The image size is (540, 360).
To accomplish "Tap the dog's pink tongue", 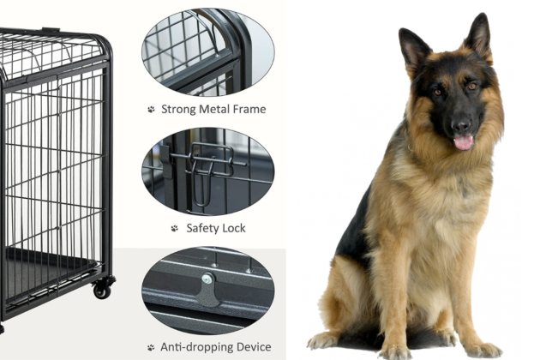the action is (463, 142).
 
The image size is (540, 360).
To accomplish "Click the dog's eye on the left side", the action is (438, 93).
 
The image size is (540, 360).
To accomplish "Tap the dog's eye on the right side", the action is (472, 87).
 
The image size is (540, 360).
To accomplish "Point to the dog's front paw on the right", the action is (482, 350).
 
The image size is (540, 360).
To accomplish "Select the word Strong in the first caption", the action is (179, 109).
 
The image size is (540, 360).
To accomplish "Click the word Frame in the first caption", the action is (249, 109).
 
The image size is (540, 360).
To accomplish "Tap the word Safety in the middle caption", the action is (202, 228).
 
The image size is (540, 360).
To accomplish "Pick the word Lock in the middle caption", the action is (234, 228).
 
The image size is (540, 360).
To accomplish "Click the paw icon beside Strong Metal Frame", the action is (151, 110).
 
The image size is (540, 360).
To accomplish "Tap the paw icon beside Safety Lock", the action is (175, 228).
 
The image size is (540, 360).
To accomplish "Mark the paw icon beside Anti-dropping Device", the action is (151, 347).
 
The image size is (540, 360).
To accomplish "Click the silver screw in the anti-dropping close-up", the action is (207, 279).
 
